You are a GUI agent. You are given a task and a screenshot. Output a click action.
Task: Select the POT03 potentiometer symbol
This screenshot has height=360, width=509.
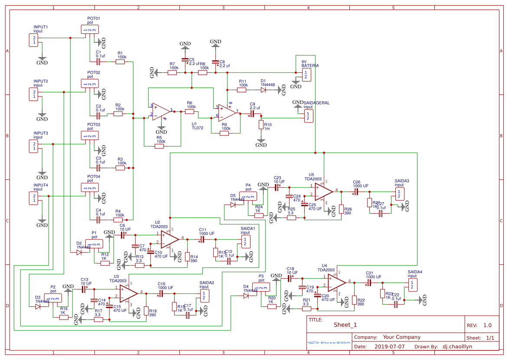tap(89, 136)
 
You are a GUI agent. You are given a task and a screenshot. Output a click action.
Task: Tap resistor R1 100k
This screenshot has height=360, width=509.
tap(120, 62)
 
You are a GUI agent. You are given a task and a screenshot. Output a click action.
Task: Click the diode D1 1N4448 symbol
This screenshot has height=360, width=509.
tap(263, 90)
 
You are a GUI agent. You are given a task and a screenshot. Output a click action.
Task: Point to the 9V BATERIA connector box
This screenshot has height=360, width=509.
tap(306, 75)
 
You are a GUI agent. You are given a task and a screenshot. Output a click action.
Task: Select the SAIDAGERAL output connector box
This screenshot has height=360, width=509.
tap(308, 115)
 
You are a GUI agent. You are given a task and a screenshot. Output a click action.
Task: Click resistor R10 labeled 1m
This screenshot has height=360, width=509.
tap(261, 125)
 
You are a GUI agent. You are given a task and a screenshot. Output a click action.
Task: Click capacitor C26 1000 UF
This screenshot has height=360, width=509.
tap(356, 191)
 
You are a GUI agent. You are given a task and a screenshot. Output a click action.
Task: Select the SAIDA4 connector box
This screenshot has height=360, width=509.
tap(412, 285)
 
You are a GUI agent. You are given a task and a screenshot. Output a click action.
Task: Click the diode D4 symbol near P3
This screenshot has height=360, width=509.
tap(246, 296)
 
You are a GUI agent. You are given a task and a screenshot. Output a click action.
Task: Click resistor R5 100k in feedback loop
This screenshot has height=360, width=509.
tap(160, 146)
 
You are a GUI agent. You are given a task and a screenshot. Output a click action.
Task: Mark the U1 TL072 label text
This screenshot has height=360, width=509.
tap(197, 126)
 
